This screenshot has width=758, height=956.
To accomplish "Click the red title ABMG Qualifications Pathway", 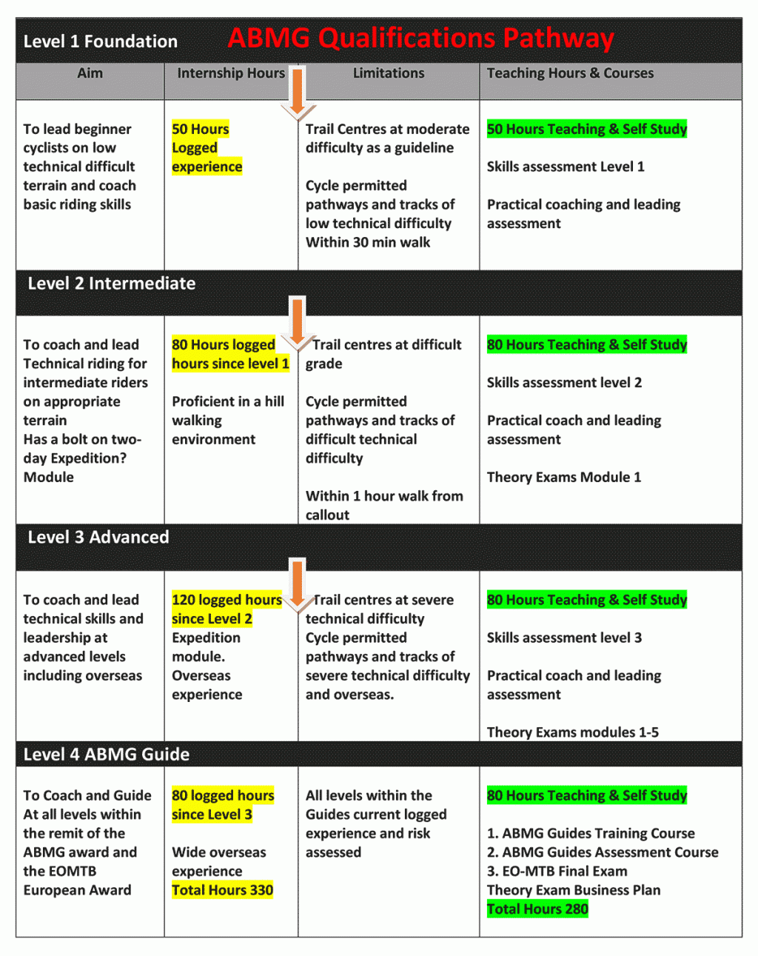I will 420,39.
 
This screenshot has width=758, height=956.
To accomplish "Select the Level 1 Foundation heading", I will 101,41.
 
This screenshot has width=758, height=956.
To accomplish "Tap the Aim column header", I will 90,73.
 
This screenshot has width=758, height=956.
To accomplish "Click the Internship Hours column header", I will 231,73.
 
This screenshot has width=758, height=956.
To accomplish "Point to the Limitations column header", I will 389,73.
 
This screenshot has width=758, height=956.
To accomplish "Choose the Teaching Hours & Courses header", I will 570,73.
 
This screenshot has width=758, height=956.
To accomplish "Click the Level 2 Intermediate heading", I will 112,284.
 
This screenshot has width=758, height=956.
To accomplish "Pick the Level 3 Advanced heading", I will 98,538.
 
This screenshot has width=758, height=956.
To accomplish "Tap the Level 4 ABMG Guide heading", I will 107,755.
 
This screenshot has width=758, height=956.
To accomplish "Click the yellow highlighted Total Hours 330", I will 222,890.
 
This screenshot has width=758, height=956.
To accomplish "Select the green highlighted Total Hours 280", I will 537,909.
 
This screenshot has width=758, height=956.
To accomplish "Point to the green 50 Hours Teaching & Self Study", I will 587,130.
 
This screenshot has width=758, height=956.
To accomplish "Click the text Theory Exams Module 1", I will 564,478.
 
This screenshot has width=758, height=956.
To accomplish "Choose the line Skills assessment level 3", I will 564,638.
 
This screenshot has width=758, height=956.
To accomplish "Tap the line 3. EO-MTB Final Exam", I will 557,872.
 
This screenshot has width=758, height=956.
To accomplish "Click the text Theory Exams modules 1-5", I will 572,732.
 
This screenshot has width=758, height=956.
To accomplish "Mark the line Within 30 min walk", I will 368,242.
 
